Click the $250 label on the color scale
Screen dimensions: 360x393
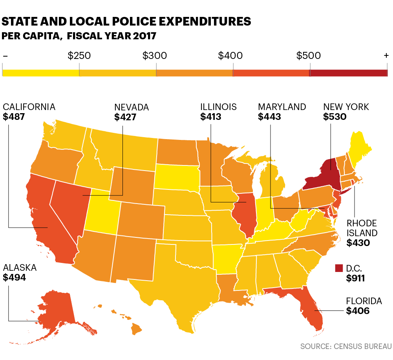(x=79, y=56)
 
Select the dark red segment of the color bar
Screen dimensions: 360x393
(x=348, y=73)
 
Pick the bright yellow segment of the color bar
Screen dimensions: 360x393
(x=41, y=73)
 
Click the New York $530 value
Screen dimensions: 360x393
(x=335, y=117)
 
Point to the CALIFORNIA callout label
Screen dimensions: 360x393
(x=29, y=107)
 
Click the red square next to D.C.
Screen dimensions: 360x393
(x=339, y=268)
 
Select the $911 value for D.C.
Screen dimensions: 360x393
(x=356, y=279)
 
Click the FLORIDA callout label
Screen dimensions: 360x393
(x=364, y=301)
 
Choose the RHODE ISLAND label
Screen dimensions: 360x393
(x=362, y=228)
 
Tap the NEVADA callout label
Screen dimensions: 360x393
(x=132, y=107)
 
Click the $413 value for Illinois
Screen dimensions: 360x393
(x=211, y=117)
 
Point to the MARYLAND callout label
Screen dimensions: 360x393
(x=282, y=107)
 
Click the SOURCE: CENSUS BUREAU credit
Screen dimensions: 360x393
(x=346, y=346)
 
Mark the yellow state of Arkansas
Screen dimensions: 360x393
(x=227, y=257)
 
